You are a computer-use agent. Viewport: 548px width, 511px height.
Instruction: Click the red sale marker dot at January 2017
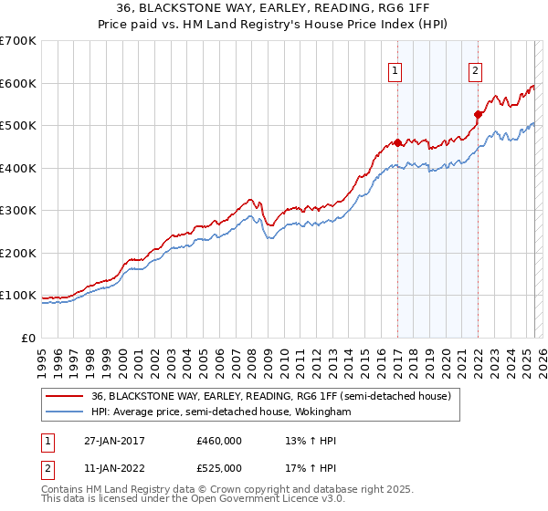coord(397,143)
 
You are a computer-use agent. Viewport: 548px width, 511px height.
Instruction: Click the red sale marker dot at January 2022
coord(478,115)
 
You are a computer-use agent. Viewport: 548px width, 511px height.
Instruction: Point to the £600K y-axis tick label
coord(18,83)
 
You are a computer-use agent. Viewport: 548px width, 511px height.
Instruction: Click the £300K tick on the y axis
coord(18,211)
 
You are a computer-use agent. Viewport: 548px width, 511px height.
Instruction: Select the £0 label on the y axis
coord(29,339)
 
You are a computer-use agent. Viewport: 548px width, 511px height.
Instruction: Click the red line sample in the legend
coord(64,396)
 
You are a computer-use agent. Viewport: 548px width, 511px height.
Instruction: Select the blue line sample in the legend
coord(64,412)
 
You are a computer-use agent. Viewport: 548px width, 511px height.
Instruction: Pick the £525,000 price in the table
coord(218,468)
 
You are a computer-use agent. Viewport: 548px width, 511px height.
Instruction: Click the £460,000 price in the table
coord(218,441)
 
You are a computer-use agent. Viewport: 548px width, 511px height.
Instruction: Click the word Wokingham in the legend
coord(321,412)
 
